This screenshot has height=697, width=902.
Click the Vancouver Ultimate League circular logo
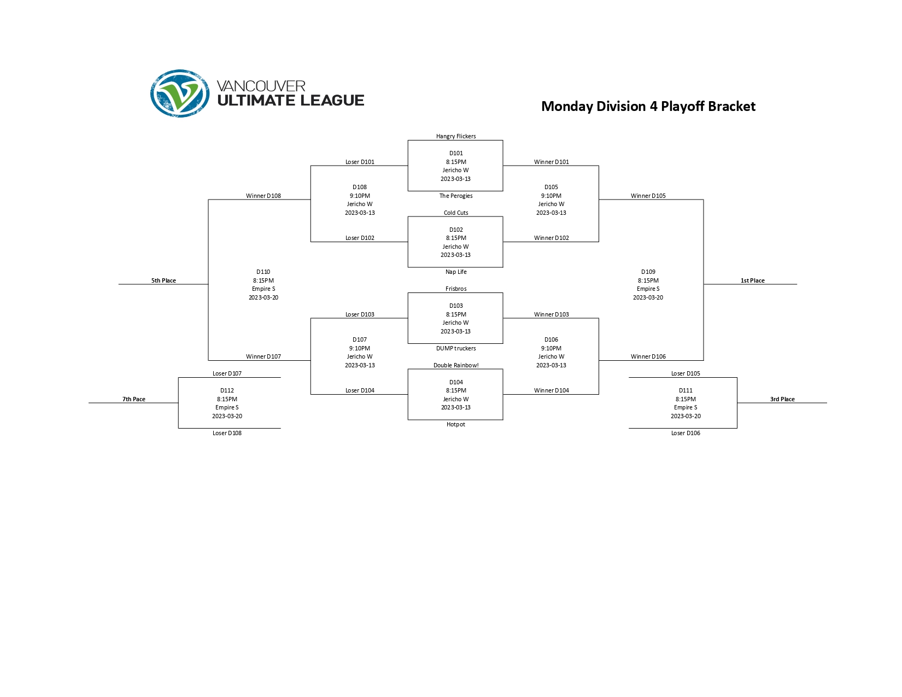point(180,93)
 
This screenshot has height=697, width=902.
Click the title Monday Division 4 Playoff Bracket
point(648,106)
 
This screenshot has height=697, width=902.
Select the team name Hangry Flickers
point(456,136)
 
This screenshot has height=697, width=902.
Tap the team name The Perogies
point(456,196)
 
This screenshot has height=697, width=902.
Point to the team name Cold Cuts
point(456,213)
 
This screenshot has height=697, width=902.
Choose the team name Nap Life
point(456,272)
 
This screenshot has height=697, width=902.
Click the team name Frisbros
point(456,289)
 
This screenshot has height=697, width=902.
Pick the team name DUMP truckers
point(456,348)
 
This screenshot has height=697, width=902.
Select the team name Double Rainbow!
point(456,365)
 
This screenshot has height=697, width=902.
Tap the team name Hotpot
point(456,424)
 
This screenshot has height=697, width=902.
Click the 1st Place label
point(752,280)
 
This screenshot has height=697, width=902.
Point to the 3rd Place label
point(782,399)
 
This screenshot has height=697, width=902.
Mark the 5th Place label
point(163,280)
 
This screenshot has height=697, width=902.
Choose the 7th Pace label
point(134,399)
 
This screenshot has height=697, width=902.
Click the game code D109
point(648,272)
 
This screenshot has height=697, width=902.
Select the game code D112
point(227,390)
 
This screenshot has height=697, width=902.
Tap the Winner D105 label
point(648,196)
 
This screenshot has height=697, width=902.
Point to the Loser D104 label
point(360,390)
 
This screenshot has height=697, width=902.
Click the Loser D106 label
point(686,433)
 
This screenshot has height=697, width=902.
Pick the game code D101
point(456,153)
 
